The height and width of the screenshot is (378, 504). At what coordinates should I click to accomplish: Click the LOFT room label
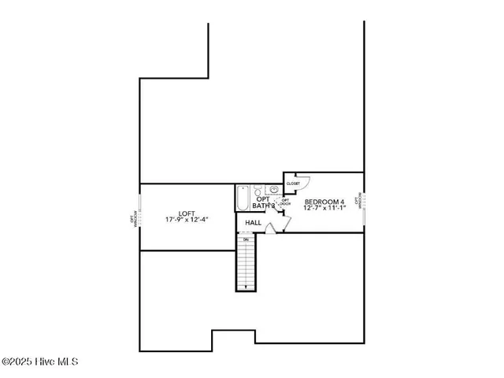pyautogui.click(x=187, y=213)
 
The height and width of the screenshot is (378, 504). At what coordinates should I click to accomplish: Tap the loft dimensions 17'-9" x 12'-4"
pyautogui.click(x=187, y=220)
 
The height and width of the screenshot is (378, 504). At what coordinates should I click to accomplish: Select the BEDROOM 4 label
pyautogui.click(x=324, y=202)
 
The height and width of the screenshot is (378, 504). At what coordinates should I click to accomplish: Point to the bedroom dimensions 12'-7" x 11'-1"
pyautogui.click(x=324, y=209)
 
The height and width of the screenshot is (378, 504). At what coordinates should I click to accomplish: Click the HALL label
pyautogui.click(x=254, y=223)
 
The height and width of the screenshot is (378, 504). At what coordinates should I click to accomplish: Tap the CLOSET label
pyautogui.click(x=293, y=183)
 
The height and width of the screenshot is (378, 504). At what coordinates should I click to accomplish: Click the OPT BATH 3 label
pyautogui.click(x=263, y=202)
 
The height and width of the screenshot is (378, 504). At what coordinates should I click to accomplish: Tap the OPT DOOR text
pyautogui.click(x=285, y=202)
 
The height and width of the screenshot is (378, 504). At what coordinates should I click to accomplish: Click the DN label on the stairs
pyautogui.click(x=246, y=239)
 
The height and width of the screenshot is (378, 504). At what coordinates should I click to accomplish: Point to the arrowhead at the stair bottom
pyautogui.click(x=247, y=287)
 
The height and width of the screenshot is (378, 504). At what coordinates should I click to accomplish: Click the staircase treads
pyautogui.click(x=247, y=264)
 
